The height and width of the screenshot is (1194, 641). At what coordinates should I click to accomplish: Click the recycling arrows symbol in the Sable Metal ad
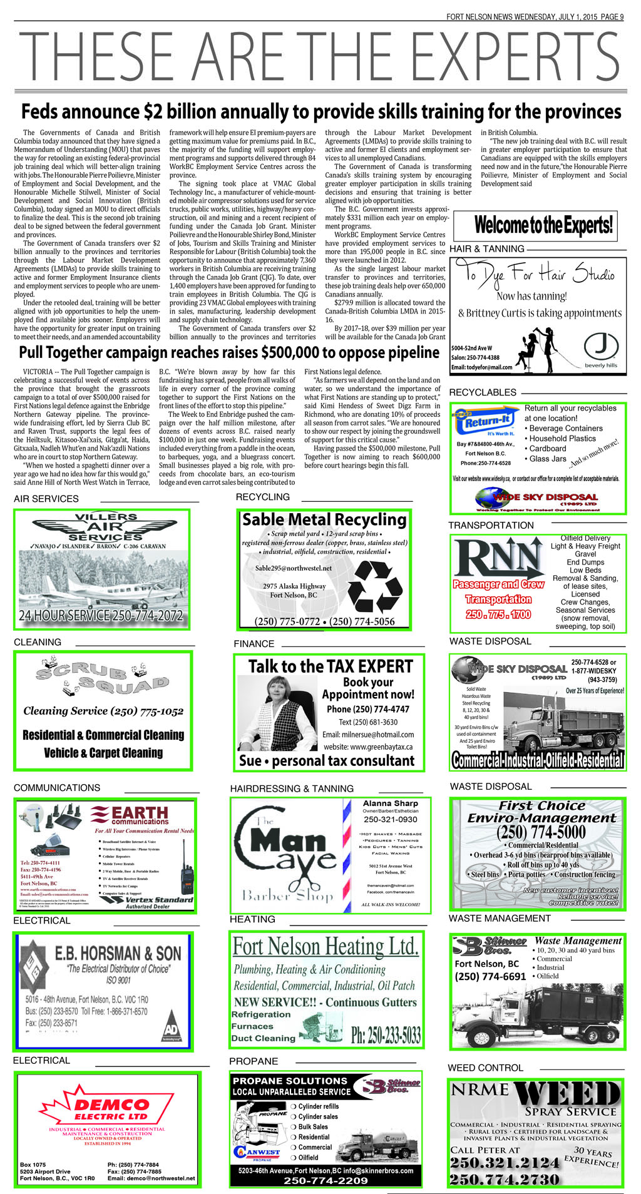[375, 585]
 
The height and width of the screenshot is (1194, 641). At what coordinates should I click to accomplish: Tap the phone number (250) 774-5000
[541, 832]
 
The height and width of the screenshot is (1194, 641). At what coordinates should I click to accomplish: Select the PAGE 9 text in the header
[612, 17]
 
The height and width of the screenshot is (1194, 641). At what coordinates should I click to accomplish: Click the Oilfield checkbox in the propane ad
[293, 1158]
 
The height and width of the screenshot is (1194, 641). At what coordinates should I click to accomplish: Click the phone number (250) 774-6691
[490, 976]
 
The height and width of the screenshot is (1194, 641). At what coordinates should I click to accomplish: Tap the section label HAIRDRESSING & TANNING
[292, 788]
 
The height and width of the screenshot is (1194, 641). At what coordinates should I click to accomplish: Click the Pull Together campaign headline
[229, 352]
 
